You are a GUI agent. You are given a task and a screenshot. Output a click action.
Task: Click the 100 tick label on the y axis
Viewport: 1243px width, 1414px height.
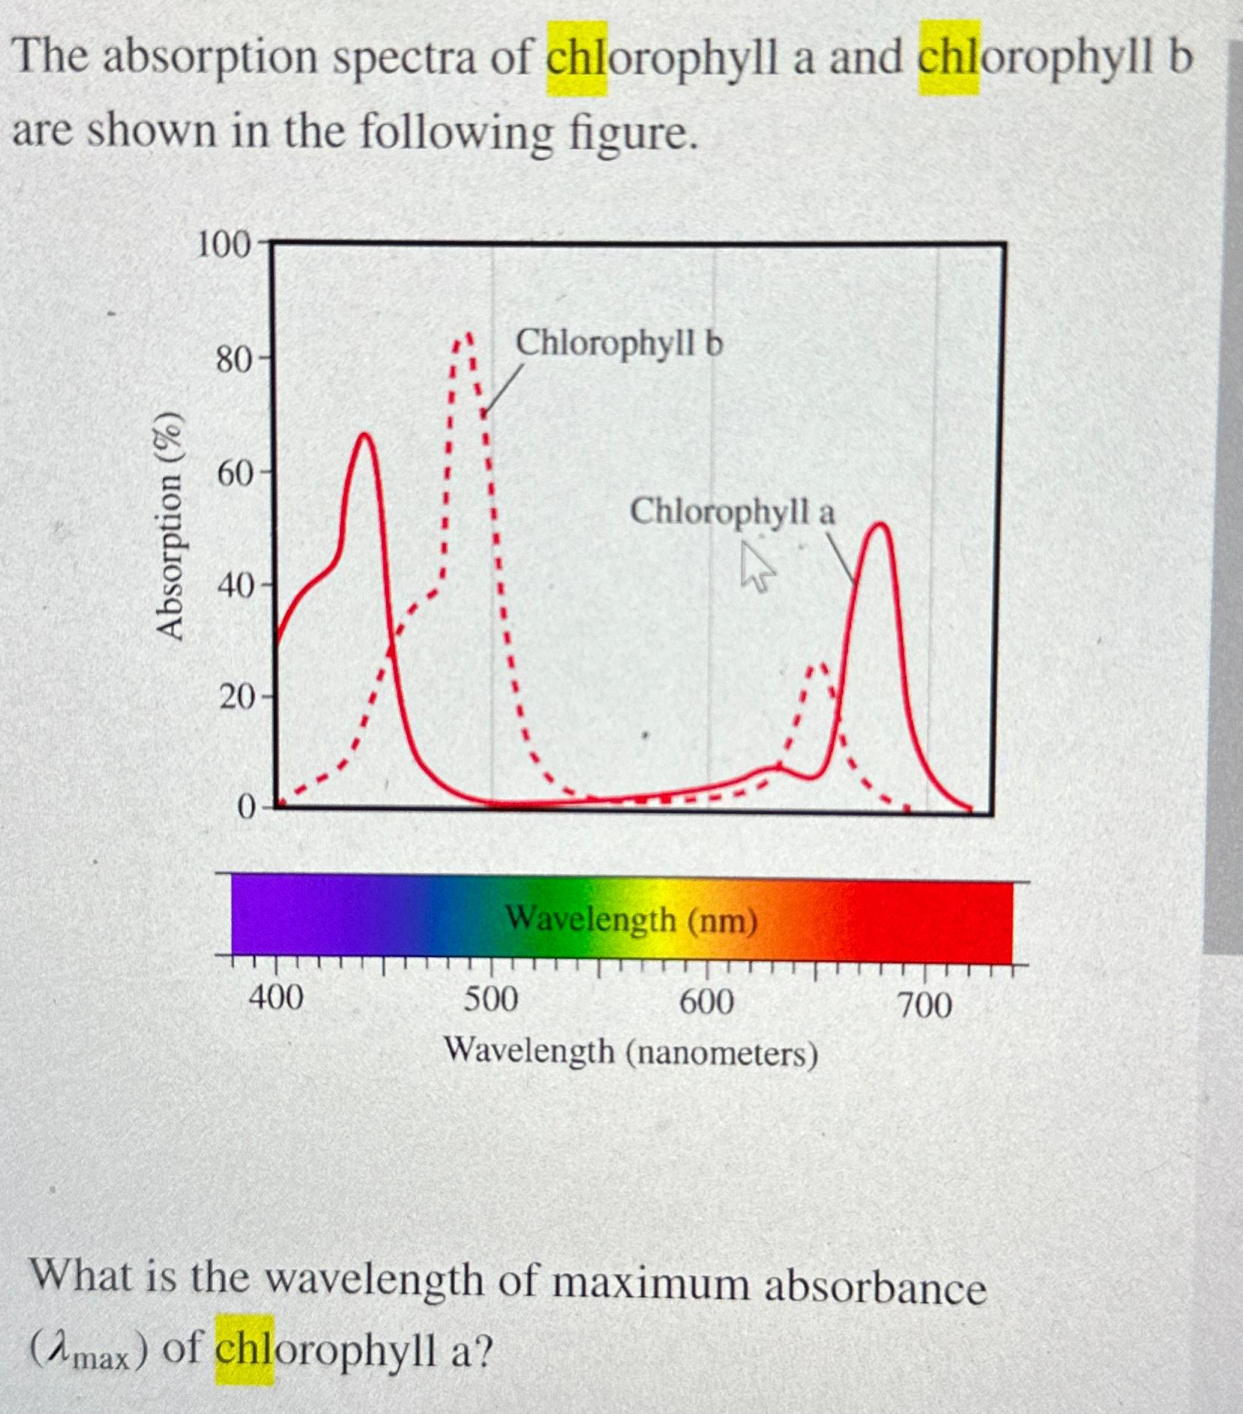pyautogui.click(x=222, y=246)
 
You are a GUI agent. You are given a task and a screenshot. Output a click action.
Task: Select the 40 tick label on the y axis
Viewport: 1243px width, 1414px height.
pyautogui.click(x=235, y=587)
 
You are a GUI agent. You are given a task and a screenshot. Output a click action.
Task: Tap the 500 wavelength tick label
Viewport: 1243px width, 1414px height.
pyautogui.click(x=491, y=1000)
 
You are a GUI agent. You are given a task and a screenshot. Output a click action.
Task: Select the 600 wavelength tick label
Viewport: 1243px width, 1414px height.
pyautogui.click(x=706, y=1002)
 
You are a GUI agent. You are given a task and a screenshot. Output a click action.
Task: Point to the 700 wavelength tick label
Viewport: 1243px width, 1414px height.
pyautogui.click(x=925, y=1005)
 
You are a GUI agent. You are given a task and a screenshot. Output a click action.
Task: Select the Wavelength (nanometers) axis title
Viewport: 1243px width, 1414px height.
pyautogui.click(x=631, y=1052)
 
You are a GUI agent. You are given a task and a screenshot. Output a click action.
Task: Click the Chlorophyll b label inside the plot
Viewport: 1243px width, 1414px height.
pyautogui.click(x=619, y=344)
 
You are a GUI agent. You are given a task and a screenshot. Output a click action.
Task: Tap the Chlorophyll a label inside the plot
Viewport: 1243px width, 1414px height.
pyautogui.click(x=732, y=512)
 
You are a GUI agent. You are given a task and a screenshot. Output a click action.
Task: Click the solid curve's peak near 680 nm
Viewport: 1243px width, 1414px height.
pyautogui.click(x=881, y=524)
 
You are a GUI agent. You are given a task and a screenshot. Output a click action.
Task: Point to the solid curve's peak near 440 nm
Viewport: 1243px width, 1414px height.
pyautogui.click(x=365, y=434)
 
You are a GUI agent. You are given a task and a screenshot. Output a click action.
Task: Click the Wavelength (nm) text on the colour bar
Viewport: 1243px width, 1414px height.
pyautogui.click(x=631, y=920)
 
